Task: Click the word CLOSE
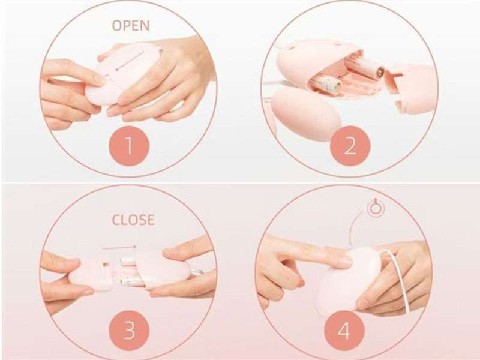pyautogui.click(x=133, y=220)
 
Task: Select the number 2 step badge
pyautogui.click(x=350, y=146)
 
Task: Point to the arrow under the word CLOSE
pyautogui.click(x=119, y=245)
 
